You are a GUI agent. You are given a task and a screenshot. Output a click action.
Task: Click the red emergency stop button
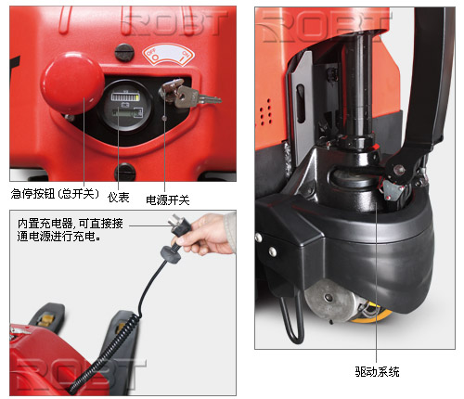(x=72, y=83)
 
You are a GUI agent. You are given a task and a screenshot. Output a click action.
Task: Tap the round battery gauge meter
(x=125, y=106)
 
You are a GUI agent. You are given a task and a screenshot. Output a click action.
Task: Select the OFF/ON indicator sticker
(x=168, y=55)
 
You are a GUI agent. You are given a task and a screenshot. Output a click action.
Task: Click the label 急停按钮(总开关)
(x=55, y=194)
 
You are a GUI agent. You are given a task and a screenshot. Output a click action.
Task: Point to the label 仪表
(x=118, y=197)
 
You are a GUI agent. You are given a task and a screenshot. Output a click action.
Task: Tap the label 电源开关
(x=167, y=200)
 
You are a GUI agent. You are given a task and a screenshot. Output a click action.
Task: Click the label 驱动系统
(x=377, y=371)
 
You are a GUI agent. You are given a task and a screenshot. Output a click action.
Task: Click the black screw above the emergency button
(x=124, y=53)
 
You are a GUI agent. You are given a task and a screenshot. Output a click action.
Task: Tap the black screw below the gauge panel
(x=125, y=173)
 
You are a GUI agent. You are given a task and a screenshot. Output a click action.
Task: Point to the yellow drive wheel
(x=371, y=314)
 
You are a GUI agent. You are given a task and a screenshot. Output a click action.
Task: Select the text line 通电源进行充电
(x=58, y=237)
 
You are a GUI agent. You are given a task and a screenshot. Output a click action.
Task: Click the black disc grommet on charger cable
(x=171, y=254)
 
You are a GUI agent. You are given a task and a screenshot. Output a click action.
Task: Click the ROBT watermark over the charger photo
(x=80, y=374)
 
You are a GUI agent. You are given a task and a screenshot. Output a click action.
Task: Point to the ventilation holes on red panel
(x=265, y=112)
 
